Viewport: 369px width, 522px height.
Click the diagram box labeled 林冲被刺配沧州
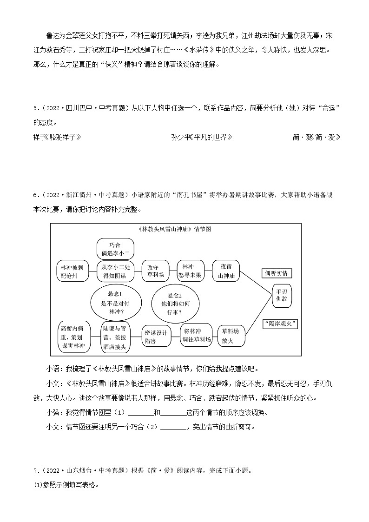71,271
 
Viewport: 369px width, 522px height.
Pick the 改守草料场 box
156,271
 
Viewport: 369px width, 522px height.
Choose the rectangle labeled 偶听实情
276,273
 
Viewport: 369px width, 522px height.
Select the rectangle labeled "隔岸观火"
280,324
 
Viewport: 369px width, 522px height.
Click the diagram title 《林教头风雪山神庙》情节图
176,229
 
